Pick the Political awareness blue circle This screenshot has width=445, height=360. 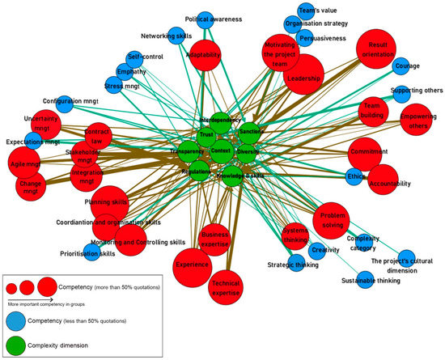tap(206, 19)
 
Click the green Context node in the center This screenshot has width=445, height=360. tap(221, 151)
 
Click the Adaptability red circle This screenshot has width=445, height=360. tap(204, 55)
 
